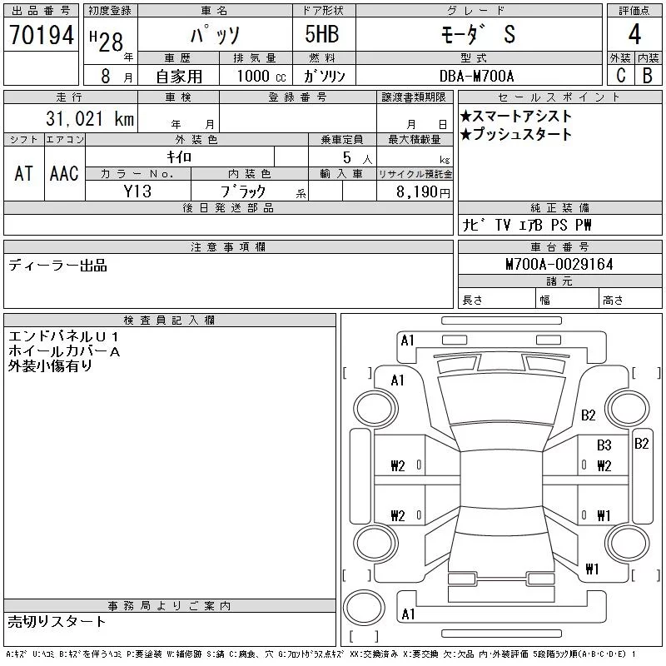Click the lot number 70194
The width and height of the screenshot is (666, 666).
click(x=42, y=34)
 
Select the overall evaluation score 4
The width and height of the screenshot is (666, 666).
click(x=634, y=34)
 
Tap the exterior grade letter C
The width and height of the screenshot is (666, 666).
click(x=621, y=75)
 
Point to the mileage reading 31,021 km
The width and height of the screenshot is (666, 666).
click(x=90, y=118)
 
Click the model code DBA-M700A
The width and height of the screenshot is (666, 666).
click(x=476, y=76)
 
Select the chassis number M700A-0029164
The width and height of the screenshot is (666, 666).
click(x=559, y=264)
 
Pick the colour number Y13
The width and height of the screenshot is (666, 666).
click(x=137, y=191)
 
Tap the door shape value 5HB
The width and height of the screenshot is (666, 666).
click(x=322, y=34)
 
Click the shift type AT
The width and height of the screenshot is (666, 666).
click(x=24, y=173)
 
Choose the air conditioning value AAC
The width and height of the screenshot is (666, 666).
click(x=64, y=173)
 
